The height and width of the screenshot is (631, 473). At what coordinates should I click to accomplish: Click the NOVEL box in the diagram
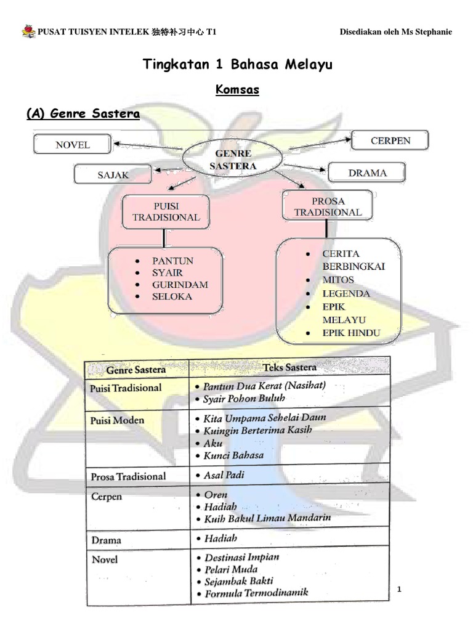73,145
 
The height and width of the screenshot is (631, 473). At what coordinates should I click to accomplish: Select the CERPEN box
390,140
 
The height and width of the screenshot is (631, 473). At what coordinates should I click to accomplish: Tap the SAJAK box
113,174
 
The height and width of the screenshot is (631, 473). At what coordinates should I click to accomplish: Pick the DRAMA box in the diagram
367,173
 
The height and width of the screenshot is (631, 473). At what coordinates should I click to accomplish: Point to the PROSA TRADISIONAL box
328,206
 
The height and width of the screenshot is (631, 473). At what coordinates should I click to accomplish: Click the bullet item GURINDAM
180,284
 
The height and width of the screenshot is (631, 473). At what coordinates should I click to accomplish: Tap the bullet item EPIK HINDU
351,333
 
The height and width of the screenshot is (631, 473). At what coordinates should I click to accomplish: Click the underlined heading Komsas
237,91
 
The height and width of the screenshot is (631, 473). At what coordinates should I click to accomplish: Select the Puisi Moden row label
117,420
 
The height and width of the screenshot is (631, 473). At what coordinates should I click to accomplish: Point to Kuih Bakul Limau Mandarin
267,518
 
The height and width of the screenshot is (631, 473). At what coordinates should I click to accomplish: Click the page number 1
399,590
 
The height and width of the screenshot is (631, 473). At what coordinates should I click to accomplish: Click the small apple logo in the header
28,31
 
